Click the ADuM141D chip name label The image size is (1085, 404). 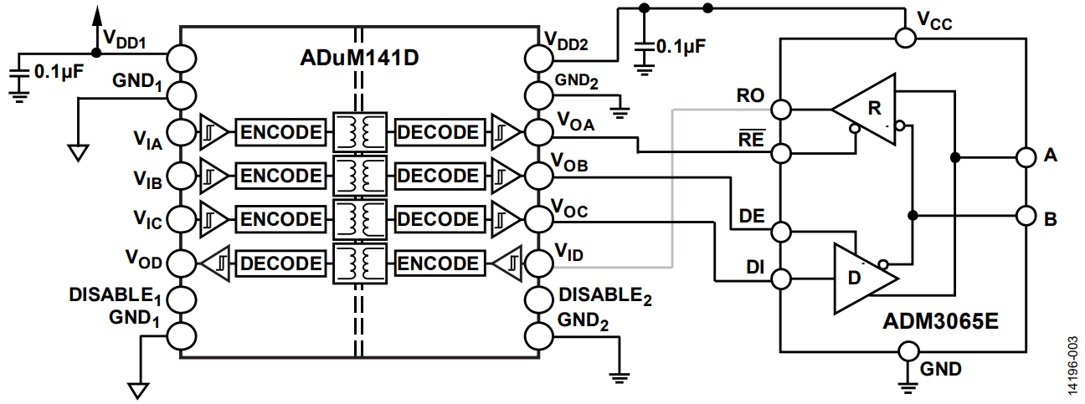click(x=359, y=58)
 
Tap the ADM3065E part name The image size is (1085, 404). click(x=940, y=321)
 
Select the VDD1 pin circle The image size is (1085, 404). click(x=182, y=59)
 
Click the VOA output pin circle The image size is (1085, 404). click(x=538, y=131)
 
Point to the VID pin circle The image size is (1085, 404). click(x=538, y=264)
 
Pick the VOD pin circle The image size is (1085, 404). click(x=182, y=263)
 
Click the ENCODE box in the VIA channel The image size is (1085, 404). click(x=281, y=132)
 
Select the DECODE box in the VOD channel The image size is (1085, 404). click(x=281, y=263)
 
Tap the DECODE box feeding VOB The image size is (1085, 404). click(x=440, y=176)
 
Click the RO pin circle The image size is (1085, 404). click(x=781, y=110)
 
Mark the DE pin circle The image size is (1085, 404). click(x=781, y=232)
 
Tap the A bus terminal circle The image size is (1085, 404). click(x=1026, y=158)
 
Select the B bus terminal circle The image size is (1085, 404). click(x=1026, y=216)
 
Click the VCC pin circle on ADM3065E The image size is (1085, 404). click(x=905, y=38)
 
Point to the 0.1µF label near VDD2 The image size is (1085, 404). click(x=681, y=47)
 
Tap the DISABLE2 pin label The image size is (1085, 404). click(x=605, y=296)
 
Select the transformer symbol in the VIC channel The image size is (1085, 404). click(x=360, y=219)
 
